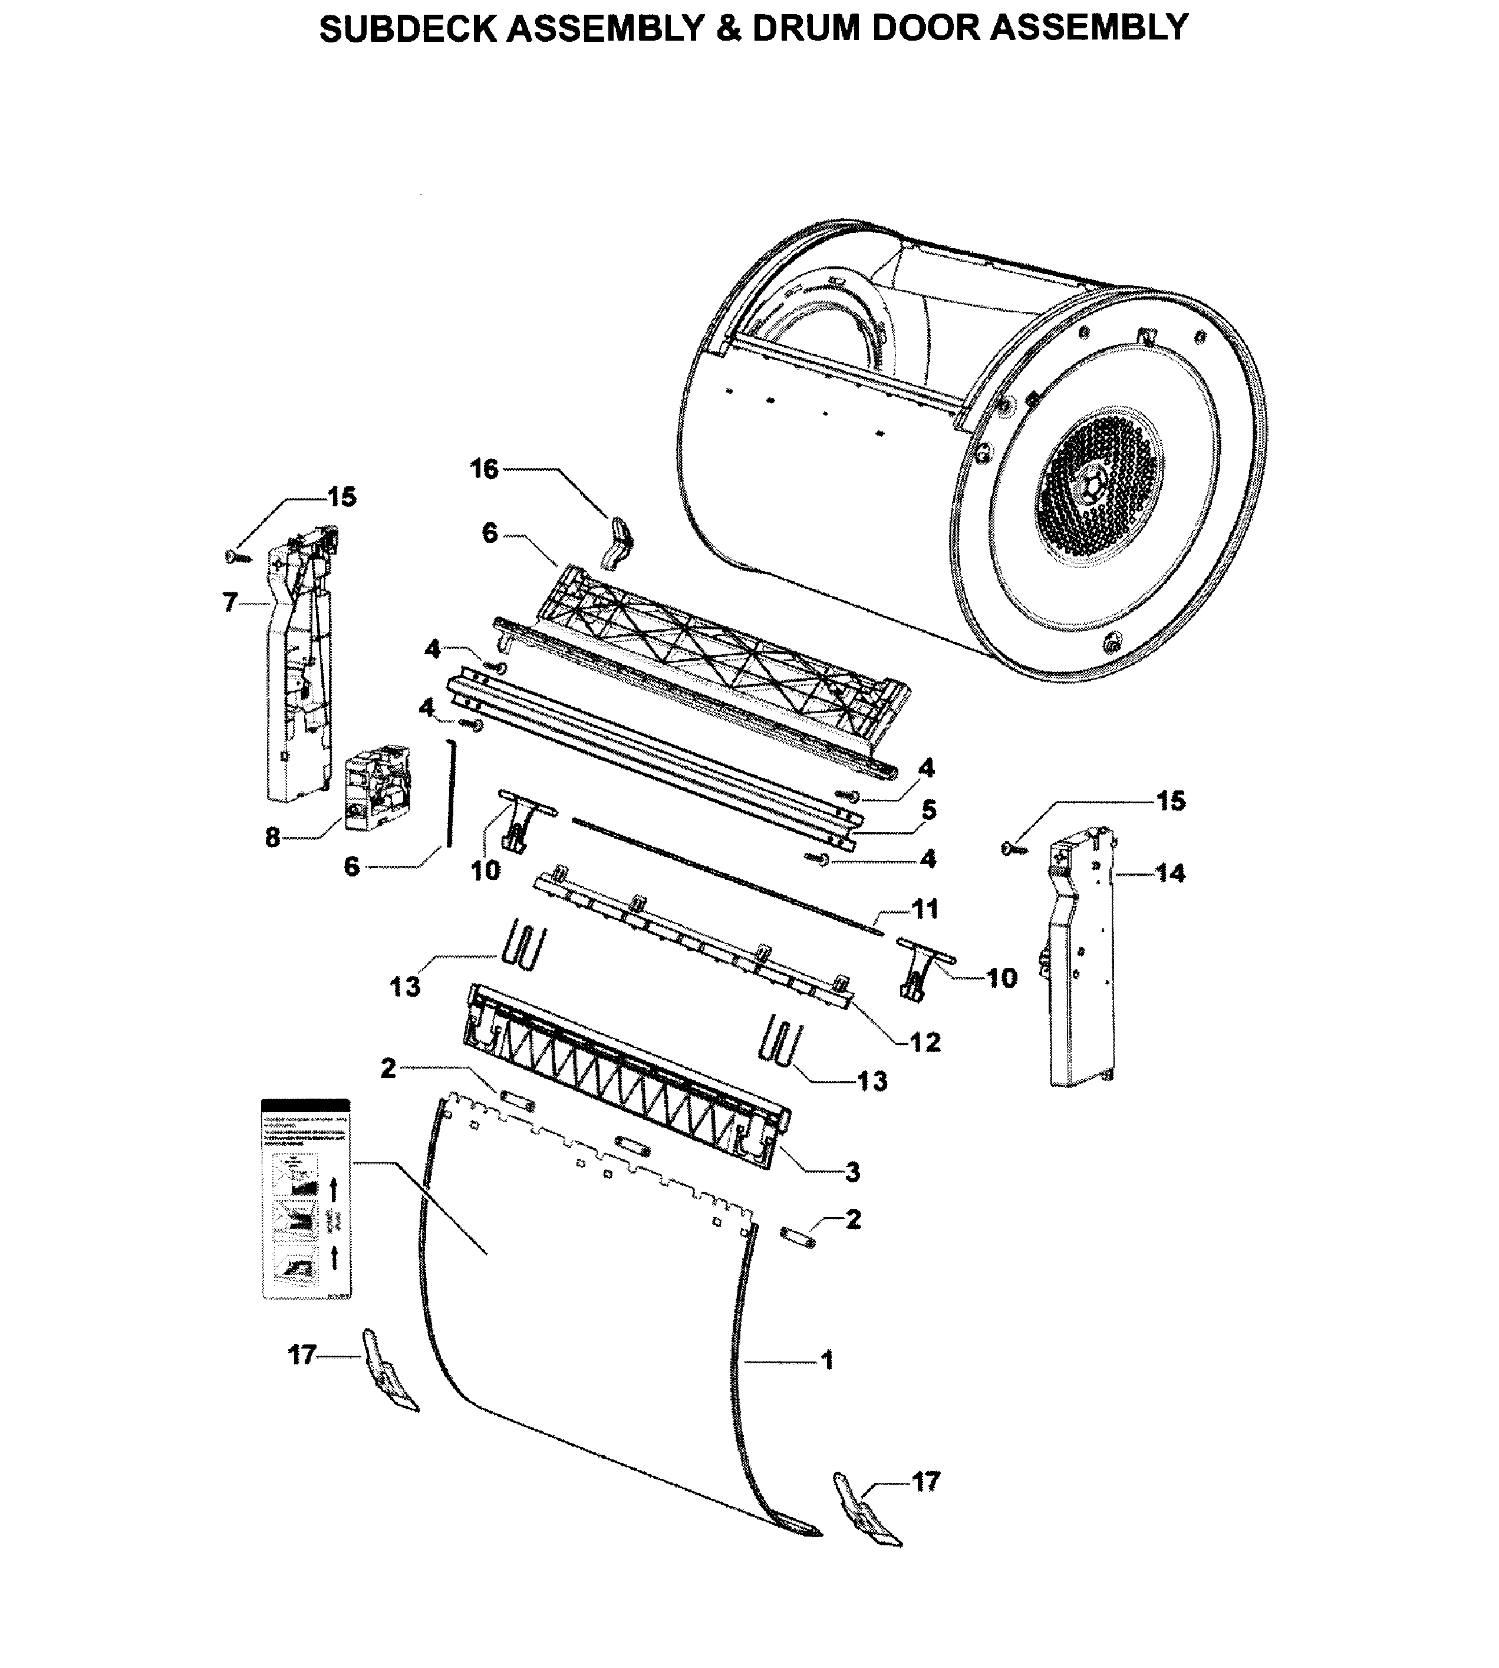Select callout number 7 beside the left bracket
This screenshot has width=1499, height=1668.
pyautogui.click(x=230, y=602)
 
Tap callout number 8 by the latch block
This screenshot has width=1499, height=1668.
pyautogui.click(x=272, y=839)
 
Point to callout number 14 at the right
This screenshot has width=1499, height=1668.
pyautogui.click(x=1169, y=872)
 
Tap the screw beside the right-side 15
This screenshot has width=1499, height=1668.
pyautogui.click(x=1012, y=847)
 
